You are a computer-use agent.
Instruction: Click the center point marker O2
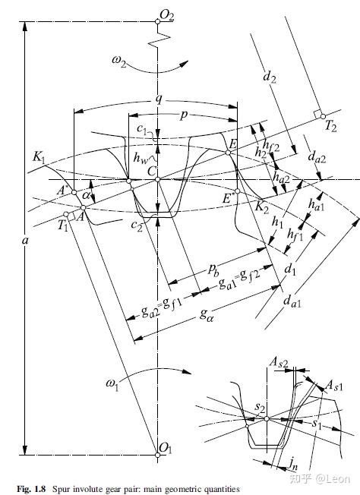click(157, 21)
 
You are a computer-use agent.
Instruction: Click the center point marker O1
click(157, 455)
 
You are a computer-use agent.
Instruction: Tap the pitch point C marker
click(157, 180)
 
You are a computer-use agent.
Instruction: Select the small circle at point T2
click(323, 116)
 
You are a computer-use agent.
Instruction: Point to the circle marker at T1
click(66, 214)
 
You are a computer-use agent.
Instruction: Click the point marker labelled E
click(228, 153)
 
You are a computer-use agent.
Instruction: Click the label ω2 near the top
click(118, 61)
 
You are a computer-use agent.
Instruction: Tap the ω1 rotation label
click(112, 384)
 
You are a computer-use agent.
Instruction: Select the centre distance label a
click(25, 241)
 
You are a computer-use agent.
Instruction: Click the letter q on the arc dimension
click(159, 99)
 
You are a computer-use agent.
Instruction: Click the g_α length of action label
click(207, 314)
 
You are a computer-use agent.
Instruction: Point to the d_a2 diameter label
click(317, 156)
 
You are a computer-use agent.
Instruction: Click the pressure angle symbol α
click(86, 195)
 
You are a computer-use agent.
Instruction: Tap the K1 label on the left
click(39, 157)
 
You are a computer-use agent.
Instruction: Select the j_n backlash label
click(293, 464)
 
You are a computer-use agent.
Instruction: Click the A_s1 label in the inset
click(333, 386)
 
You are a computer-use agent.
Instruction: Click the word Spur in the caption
click(59, 489)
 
